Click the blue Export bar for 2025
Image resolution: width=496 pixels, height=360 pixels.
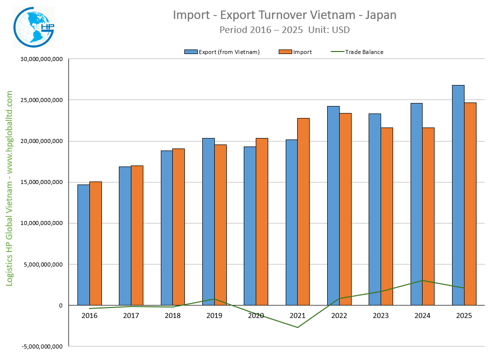coord(458,195)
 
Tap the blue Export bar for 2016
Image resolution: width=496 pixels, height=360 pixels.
coord(83,244)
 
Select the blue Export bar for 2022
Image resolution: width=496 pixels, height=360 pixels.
coord(333,205)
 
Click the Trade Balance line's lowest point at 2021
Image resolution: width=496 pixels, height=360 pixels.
coord(298,327)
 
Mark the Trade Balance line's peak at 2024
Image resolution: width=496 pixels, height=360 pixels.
coord(422,280)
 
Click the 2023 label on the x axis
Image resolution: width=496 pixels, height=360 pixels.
coord(381,315)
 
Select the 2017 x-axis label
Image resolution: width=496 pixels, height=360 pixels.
coord(131,315)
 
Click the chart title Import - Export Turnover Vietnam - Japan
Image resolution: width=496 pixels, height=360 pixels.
coord(285,15)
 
